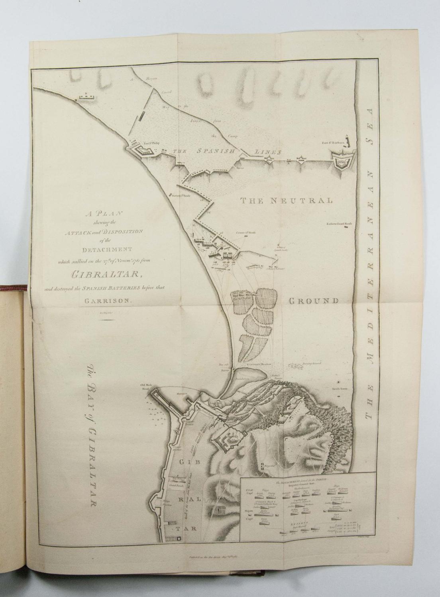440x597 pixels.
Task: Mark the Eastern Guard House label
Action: click(x=340, y=224)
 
